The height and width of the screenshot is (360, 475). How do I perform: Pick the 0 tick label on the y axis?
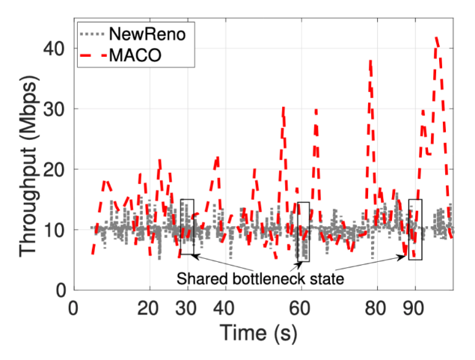coord(61,290)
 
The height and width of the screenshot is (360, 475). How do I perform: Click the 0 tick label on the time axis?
coord(73,308)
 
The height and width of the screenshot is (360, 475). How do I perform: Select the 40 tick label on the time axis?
coord(224,308)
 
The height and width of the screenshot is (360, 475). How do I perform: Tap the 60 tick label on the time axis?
coord(300,308)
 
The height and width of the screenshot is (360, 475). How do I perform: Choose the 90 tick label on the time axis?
coord(414,308)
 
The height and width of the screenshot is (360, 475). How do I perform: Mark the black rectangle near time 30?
coord(187,227)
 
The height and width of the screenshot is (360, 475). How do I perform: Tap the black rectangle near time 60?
coord(303,231)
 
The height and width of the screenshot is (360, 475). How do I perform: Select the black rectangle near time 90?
coord(415,229)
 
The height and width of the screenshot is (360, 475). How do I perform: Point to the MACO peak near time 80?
coord(370,61)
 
